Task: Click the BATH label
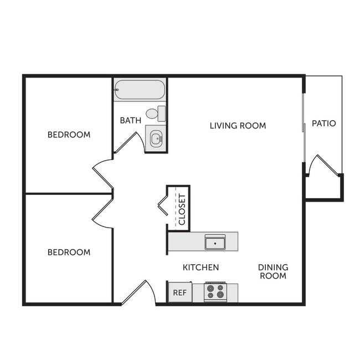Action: click(131, 120)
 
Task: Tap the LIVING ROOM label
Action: click(238, 126)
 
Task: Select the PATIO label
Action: click(323, 123)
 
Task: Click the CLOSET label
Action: click(182, 209)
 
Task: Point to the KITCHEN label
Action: click(201, 268)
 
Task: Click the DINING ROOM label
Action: click(273, 271)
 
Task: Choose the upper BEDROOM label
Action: click(69, 135)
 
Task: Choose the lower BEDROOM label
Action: click(69, 252)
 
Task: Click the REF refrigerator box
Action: click(179, 292)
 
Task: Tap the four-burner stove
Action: click(215, 292)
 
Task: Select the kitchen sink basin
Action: click(214, 243)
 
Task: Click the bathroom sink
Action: click(155, 138)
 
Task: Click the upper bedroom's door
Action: click(104, 174)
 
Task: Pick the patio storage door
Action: click(321, 166)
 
